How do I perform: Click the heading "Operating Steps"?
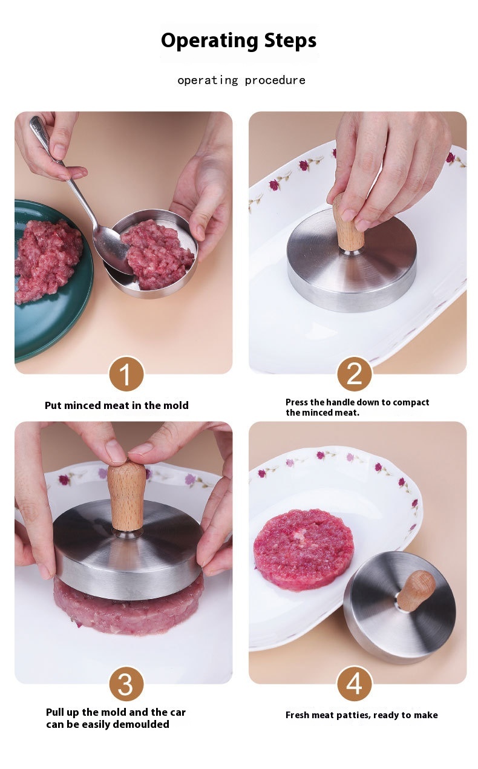[x=238, y=41]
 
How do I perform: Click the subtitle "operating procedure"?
[x=241, y=80]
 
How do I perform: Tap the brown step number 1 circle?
[x=126, y=374]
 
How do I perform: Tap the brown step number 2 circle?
[x=355, y=374]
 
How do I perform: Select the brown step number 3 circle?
[x=126, y=684]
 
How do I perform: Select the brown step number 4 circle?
[x=355, y=684]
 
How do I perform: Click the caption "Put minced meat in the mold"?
[x=117, y=405]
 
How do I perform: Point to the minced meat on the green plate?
[x=48, y=260]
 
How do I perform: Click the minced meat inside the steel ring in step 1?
[x=156, y=254]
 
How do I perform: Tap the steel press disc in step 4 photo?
[x=400, y=607]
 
